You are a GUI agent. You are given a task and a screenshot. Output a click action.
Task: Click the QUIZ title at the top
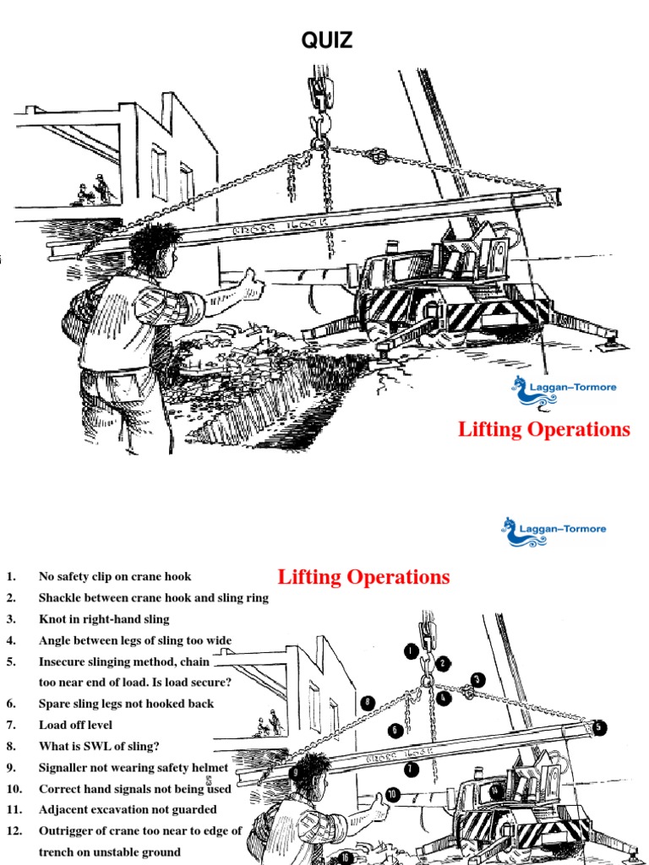(327, 40)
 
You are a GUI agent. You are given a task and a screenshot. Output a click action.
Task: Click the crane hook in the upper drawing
(319, 127)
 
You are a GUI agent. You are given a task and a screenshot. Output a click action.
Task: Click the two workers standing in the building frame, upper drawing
(93, 191)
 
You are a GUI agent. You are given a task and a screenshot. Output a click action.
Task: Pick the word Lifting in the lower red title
(312, 578)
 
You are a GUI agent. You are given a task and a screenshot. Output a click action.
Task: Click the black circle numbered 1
(411, 651)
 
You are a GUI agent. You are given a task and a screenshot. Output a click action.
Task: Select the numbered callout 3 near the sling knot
(477, 679)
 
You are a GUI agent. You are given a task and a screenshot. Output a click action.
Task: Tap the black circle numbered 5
(599, 727)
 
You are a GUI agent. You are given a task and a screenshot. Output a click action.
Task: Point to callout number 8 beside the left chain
(367, 702)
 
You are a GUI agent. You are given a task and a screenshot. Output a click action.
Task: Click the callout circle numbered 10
(392, 795)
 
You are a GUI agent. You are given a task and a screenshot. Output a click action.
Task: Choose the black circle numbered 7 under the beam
(411, 769)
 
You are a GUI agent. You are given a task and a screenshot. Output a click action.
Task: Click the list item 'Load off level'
(75, 725)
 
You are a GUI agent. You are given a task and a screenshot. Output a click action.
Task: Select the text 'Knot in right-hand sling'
(104, 619)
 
